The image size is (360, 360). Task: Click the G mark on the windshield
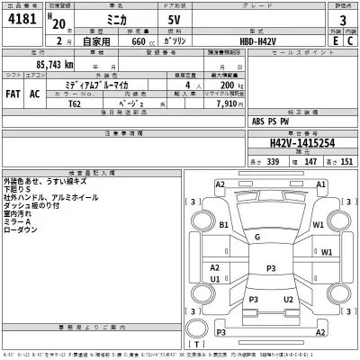[x=257, y=237]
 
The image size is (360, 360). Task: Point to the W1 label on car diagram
[x=317, y=225]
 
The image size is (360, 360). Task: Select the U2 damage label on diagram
[x=287, y=299]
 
